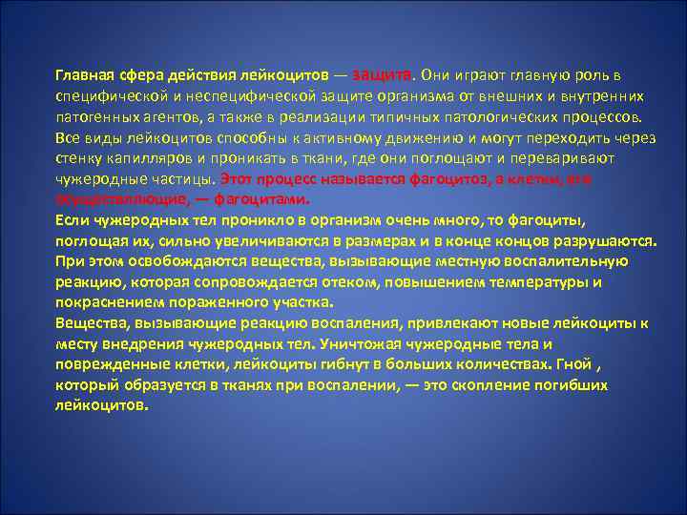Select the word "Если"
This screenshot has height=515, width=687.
tap(69, 219)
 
